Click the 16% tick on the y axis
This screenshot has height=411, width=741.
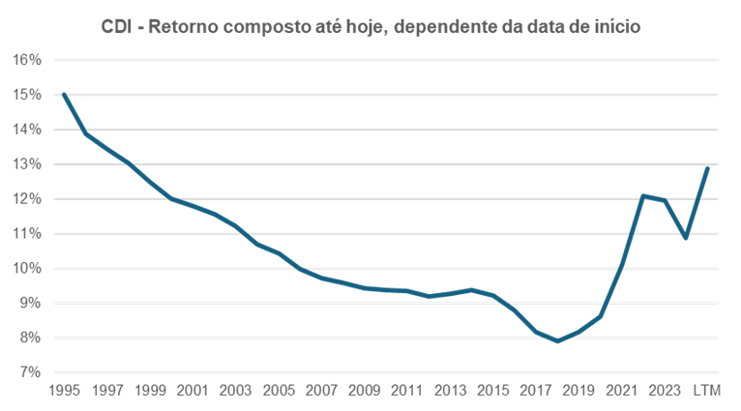tap(27, 60)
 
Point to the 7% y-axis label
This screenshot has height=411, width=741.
tap(27, 372)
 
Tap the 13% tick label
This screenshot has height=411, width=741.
tap(27, 164)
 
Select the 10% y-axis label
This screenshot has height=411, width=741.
tap(27, 269)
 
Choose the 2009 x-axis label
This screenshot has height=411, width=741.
tap(363, 392)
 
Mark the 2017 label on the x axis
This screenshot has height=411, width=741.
tap(534, 392)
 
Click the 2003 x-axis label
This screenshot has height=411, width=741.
tap(234, 392)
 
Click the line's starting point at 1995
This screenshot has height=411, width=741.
tap(63, 95)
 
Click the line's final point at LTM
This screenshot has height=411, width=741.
tap(707, 167)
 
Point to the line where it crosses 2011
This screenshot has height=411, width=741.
tap(406, 290)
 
